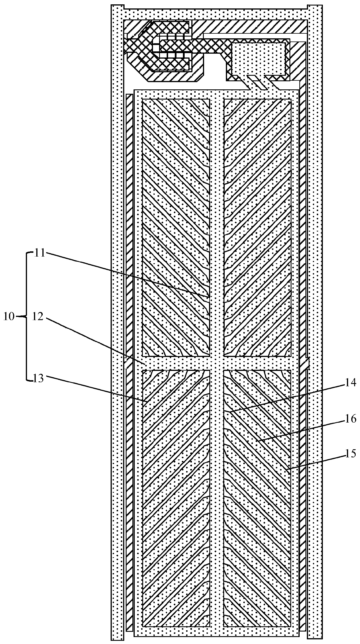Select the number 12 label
(x=38, y=317)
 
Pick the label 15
(x=350, y=453)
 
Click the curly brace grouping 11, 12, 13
(x=27, y=317)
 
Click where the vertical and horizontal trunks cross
(x=216, y=363)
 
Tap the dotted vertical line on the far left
(x=117, y=319)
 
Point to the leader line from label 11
(x=125, y=274)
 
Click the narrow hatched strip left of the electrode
(x=129, y=319)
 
